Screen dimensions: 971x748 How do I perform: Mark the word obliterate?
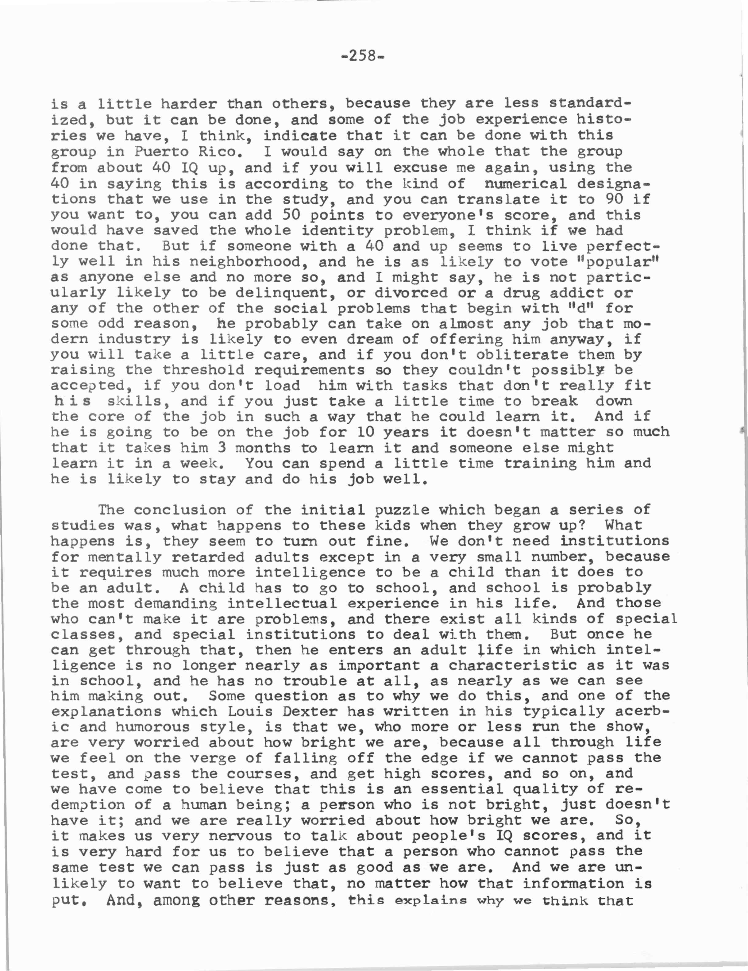pos(522,354)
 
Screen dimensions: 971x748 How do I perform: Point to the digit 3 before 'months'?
pos(222,447)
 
